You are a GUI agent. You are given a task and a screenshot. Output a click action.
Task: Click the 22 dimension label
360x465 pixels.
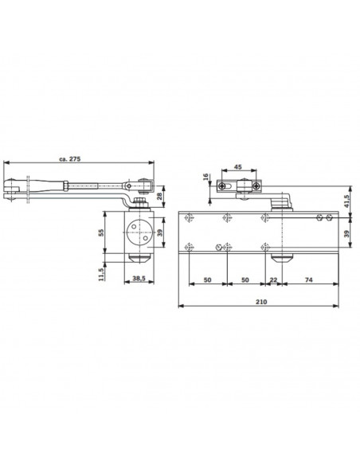(275, 280)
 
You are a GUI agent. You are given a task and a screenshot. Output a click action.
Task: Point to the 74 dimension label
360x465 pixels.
(308, 280)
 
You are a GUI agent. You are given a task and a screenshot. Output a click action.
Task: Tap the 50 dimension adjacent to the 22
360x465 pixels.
(245, 280)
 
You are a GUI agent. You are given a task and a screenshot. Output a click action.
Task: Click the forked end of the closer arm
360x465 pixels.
(12, 189)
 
